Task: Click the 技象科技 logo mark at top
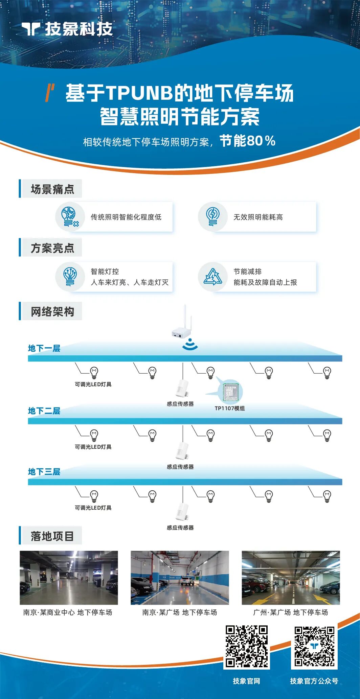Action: pos(31,29)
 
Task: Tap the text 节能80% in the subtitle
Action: pos(247,141)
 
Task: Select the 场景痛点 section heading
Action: pos(52,189)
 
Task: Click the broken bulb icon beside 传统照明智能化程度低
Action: pos(70,217)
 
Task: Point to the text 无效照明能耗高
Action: pos(258,217)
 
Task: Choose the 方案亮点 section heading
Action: pos(52,248)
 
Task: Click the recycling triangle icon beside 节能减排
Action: pos(212,277)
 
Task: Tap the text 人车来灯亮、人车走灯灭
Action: pos(130,282)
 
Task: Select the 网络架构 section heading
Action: pos(52,311)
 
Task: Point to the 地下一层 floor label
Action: pos(44,348)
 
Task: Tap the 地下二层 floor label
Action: pos(44,411)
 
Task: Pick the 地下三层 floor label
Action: pos(44,472)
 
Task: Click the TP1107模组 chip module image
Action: pos(231,392)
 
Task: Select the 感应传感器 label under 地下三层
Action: pos(180,528)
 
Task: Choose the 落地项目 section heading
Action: pos(52,536)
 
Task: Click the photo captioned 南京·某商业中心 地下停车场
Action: pos(69,578)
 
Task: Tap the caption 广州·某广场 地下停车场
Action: pos(290,612)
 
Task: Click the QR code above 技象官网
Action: pos(247,646)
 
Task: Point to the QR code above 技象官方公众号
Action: pos(314,646)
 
